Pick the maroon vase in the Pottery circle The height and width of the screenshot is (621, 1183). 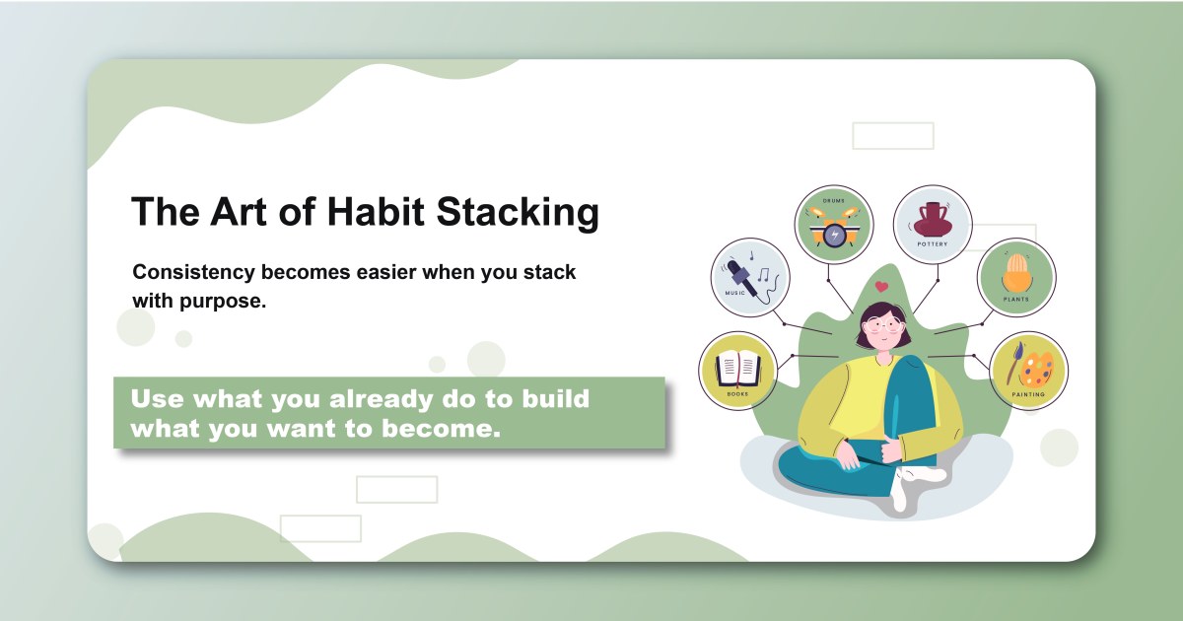[x=933, y=218]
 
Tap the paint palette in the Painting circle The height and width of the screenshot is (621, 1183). [x=1035, y=370]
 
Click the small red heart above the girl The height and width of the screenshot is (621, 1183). [x=881, y=288]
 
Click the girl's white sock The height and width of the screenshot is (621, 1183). [x=913, y=483]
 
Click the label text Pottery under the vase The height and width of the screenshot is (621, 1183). [x=932, y=245]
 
